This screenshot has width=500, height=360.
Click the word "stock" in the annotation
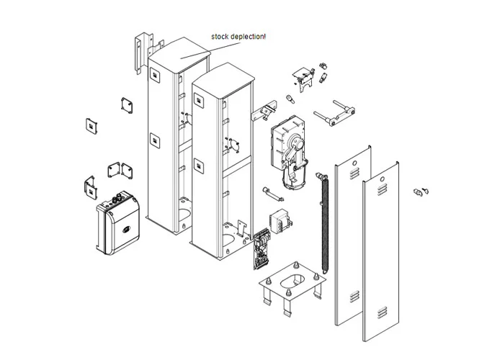(221, 36)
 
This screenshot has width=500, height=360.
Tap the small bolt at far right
(419, 192)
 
